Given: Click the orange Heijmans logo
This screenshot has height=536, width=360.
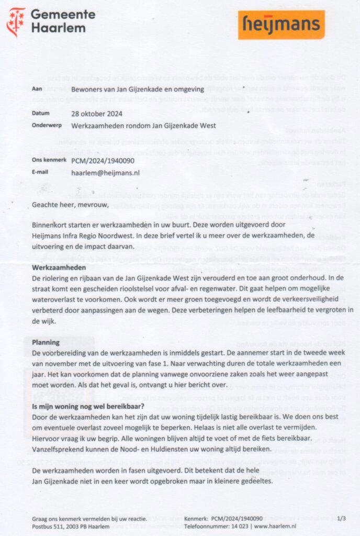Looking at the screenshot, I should pyautogui.click(x=281, y=24).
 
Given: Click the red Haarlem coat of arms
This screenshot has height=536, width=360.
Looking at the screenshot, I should pyautogui.click(x=15, y=21).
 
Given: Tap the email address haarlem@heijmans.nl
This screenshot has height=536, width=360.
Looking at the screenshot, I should pyautogui.click(x=105, y=172).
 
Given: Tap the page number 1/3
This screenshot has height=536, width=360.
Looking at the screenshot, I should pyautogui.click(x=341, y=518).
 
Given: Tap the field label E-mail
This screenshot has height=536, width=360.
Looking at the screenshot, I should pyautogui.click(x=40, y=172).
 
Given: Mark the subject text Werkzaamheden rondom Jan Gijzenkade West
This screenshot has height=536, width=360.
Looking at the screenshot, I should pyautogui.click(x=143, y=126).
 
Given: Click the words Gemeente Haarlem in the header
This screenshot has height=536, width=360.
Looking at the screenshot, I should pyautogui.click(x=63, y=21).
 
